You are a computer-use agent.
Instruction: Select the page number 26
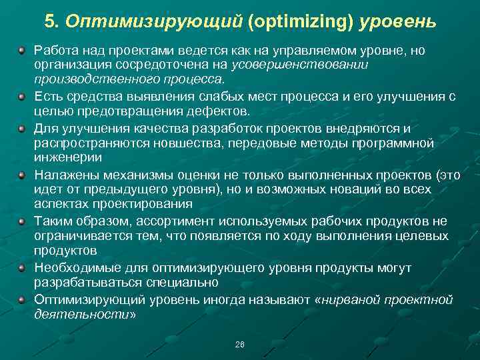[x=240, y=345]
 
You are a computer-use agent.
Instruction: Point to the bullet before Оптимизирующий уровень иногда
[x=22, y=299]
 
